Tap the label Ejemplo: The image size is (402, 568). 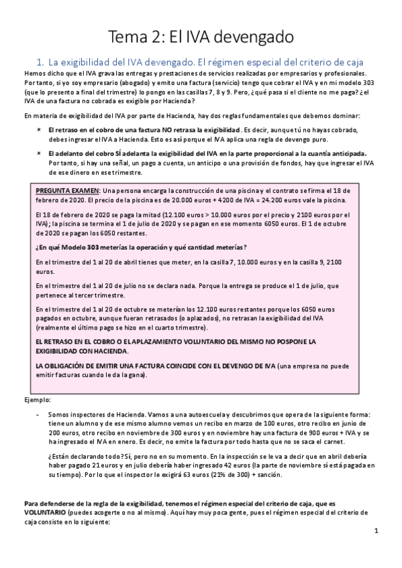[38, 399]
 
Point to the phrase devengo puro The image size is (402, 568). [305, 139]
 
